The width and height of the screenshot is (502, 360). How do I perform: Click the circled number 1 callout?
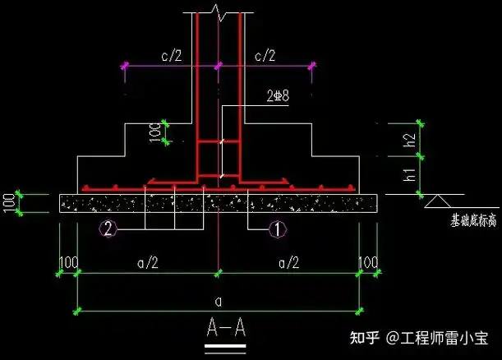278,230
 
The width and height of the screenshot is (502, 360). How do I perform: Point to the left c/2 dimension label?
172,56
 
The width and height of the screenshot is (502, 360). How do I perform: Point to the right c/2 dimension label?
265,56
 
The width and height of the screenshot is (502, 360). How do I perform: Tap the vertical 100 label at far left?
9,203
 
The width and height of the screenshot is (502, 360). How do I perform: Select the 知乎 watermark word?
364,338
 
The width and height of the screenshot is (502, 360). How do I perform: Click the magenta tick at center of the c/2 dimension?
218,66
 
